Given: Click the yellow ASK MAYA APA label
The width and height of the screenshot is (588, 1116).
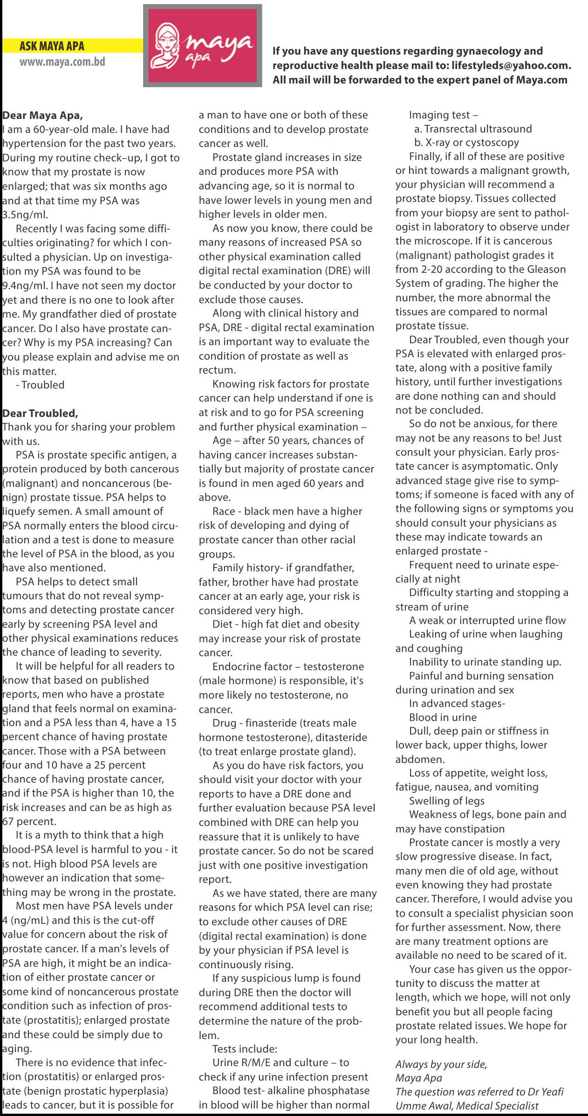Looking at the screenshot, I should click(52, 46).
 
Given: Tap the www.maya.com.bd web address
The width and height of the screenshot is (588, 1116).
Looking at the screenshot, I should click(62, 62).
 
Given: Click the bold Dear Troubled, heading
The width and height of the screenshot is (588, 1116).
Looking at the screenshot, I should click(40, 413).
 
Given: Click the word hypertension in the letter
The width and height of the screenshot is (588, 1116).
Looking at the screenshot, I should click(33, 144).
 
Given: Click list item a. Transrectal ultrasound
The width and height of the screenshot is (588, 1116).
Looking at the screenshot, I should click(472, 129).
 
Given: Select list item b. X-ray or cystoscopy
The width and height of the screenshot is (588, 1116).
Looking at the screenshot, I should click(466, 143).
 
